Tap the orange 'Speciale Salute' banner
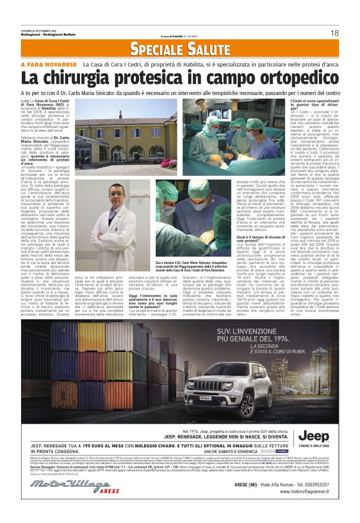click(x=179, y=48)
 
